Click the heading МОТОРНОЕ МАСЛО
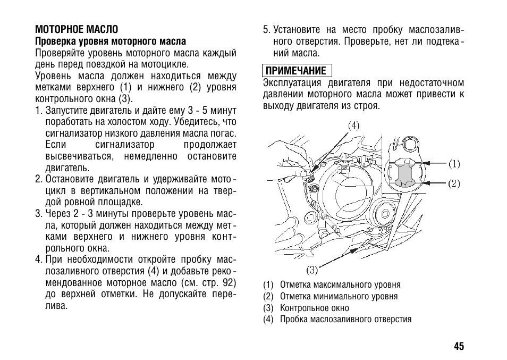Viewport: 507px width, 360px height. point(77,29)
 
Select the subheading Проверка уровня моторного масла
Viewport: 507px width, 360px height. point(111,41)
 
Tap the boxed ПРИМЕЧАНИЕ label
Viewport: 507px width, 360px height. point(296,71)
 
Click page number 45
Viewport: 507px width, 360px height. point(459,346)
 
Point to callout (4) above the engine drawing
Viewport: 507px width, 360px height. point(353,126)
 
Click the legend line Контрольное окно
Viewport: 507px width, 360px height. point(315,308)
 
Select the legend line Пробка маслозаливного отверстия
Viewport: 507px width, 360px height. point(345,320)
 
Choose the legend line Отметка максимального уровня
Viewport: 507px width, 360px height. point(340,284)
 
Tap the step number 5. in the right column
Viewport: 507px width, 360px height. point(267,30)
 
